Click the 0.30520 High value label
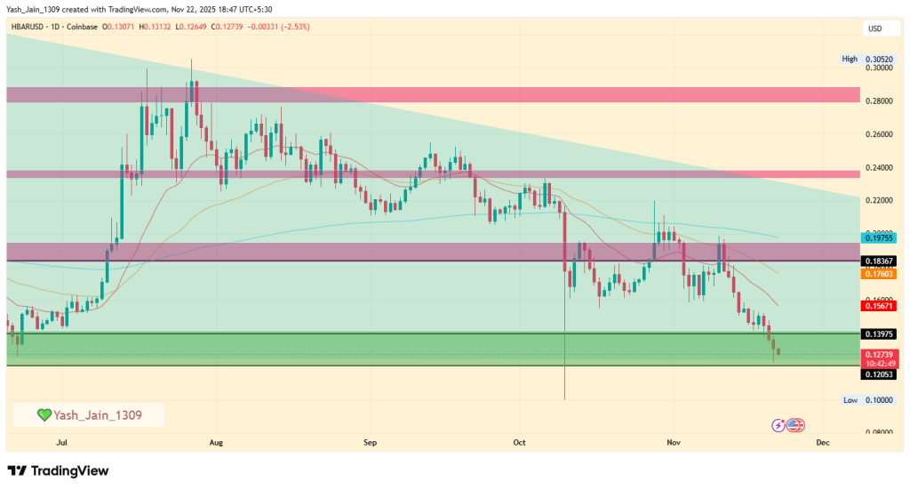click(x=878, y=59)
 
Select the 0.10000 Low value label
click(x=878, y=400)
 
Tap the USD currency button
click(x=874, y=29)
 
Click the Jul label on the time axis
click(x=62, y=441)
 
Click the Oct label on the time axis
click(x=520, y=441)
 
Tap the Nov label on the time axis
click(x=673, y=441)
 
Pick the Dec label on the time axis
click(x=822, y=441)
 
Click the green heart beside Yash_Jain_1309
click(x=44, y=414)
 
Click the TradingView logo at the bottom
click(x=58, y=470)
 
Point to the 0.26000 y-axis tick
click(x=878, y=134)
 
